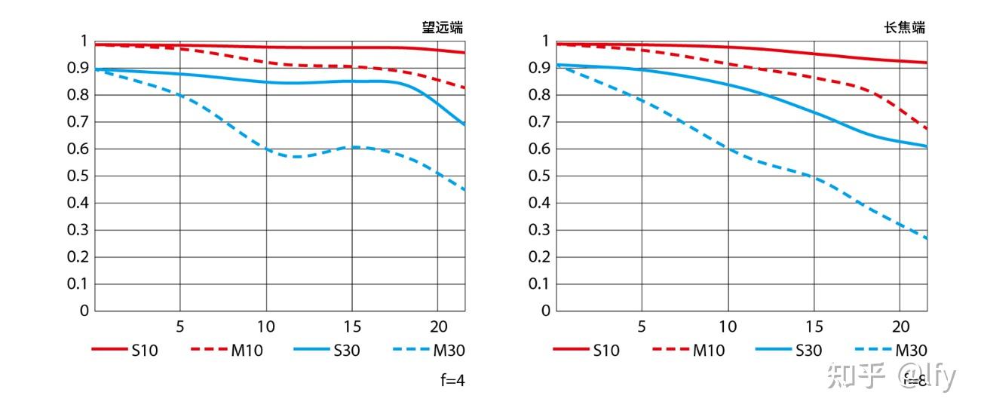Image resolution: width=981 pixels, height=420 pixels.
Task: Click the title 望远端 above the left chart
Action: click(x=442, y=28)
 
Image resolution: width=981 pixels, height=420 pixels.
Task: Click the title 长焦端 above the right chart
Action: click(x=904, y=28)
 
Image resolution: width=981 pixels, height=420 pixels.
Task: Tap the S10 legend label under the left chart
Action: click(x=144, y=350)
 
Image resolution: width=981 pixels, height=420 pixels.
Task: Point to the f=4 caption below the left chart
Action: click(x=452, y=380)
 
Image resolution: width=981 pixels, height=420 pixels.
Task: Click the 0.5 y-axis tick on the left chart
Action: click(x=78, y=176)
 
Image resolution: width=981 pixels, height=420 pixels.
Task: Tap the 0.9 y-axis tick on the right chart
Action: click(x=540, y=68)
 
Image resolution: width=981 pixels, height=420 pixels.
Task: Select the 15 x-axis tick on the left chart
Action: click(x=351, y=326)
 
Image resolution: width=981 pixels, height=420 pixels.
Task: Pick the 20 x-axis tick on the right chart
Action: click(x=900, y=326)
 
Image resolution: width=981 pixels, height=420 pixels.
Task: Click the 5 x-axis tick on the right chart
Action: click(x=642, y=326)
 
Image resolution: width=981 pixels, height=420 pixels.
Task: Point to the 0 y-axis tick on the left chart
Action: click(x=84, y=311)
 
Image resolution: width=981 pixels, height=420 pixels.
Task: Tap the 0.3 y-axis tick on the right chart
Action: click(x=540, y=230)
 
